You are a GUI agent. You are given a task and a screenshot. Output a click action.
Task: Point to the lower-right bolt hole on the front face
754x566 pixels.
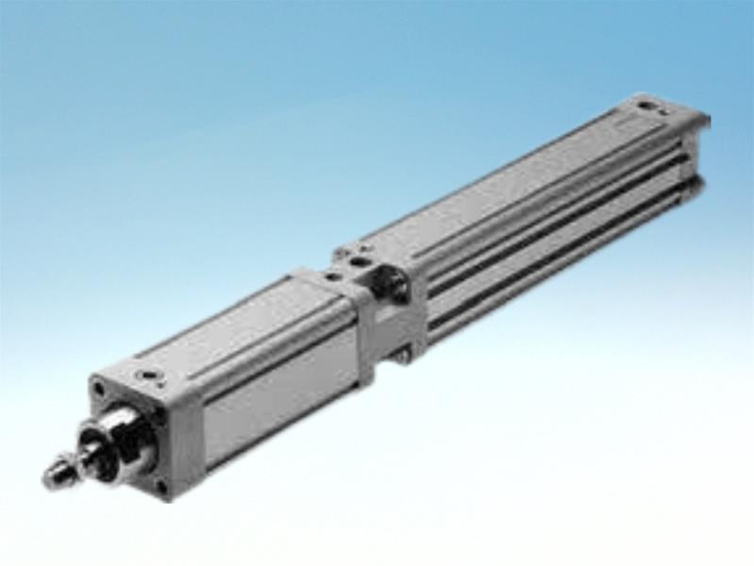coord(162,487)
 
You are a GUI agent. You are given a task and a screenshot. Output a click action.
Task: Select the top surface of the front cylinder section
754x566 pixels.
coord(236,325)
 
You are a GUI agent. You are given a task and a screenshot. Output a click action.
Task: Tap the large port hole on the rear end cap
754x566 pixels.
coord(647,107)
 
